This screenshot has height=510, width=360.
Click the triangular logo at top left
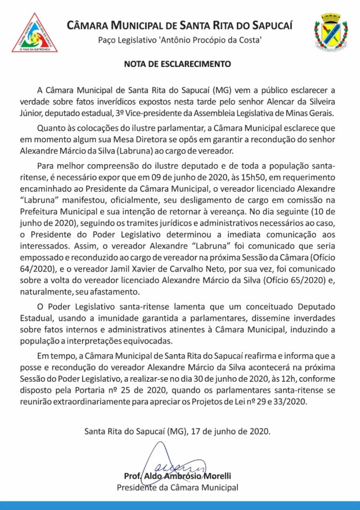35,33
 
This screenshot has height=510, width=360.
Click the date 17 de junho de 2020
231,432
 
